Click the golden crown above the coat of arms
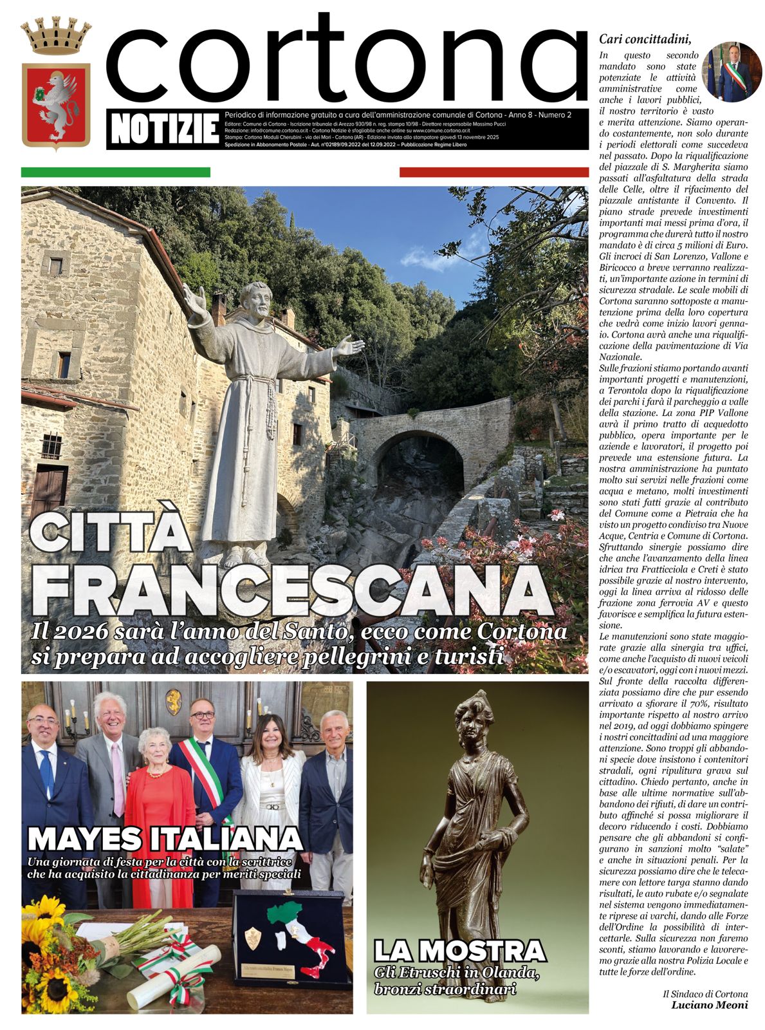pyautogui.click(x=56, y=37)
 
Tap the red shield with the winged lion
pyautogui.click(x=56, y=104)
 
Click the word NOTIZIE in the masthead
pyautogui.click(x=165, y=129)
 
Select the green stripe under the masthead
pyautogui.click(x=116, y=172)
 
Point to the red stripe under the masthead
pyautogui.click(x=493, y=172)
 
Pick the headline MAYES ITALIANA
pyautogui.click(x=165, y=839)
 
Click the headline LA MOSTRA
pyautogui.click(x=459, y=951)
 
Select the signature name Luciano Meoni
pyautogui.click(x=709, y=1005)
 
